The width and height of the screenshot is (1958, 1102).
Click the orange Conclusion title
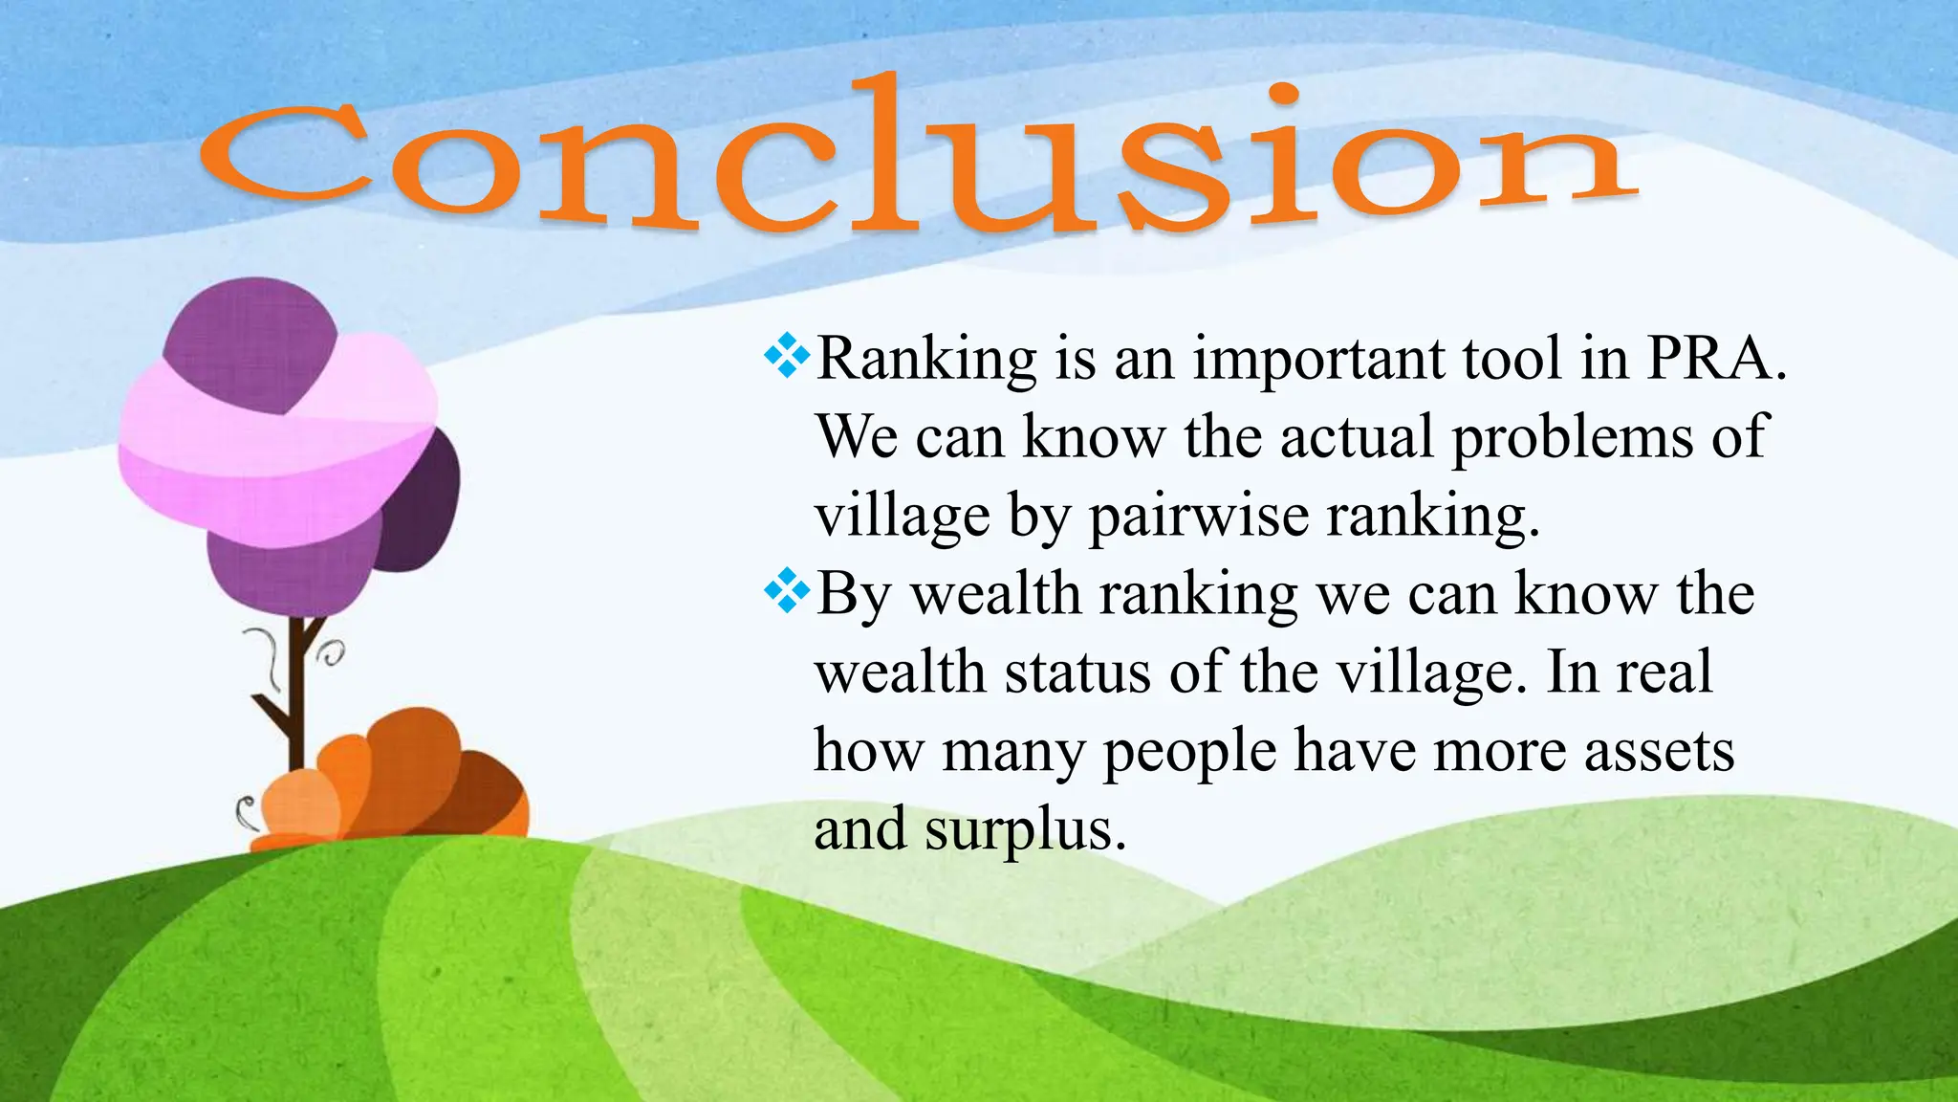[x=918, y=158]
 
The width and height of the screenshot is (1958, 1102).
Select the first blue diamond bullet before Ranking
[x=787, y=356]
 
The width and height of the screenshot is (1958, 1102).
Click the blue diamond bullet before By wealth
[x=787, y=591]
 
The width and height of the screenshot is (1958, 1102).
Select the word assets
[x=1660, y=752]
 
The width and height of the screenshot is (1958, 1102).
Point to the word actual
[x=1357, y=438]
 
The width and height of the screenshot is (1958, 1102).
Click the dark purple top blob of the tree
[x=250, y=341]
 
